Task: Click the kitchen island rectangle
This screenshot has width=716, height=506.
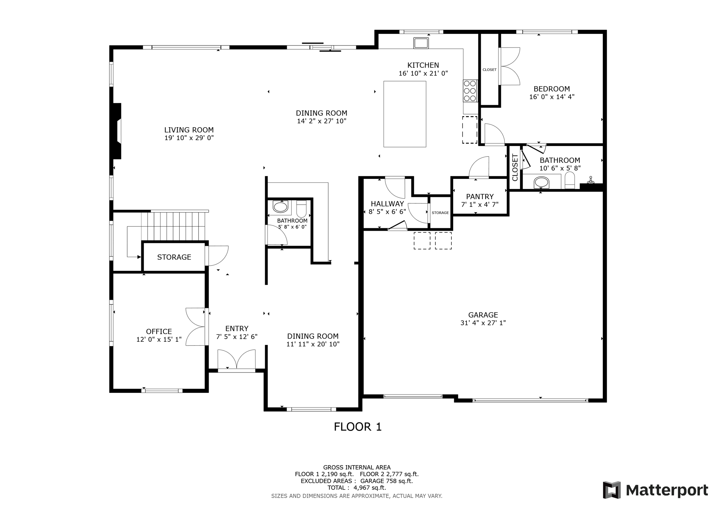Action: [x=404, y=114]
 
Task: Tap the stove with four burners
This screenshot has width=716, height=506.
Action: [x=470, y=91]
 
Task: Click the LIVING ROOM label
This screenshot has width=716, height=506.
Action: [x=189, y=130]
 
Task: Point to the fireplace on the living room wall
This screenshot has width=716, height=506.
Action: [x=116, y=131]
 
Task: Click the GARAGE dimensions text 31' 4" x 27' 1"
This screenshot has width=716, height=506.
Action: [x=483, y=323]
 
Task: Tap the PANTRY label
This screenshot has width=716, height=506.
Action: [x=480, y=196]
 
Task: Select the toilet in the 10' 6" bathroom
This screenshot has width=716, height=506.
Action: [x=570, y=181]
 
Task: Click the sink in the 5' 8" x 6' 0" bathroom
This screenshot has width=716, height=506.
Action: [x=280, y=207]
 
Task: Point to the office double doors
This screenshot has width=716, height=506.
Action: [x=196, y=327]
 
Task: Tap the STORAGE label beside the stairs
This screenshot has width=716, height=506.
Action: [x=174, y=257]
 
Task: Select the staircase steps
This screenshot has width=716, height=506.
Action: [x=173, y=226]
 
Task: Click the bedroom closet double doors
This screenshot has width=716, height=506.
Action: [x=510, y=66]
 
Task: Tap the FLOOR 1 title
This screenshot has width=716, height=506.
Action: [x=357, y=427]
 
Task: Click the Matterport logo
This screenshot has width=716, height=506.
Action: [x=655, y=490]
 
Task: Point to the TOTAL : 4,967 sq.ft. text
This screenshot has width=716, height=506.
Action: [x=357, y=488]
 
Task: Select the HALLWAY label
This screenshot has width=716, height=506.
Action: [x=387, y=203]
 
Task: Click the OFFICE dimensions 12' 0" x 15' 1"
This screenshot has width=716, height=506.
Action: [x=159, y=340]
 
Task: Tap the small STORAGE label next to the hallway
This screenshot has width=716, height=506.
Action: [x=440, y=213]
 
